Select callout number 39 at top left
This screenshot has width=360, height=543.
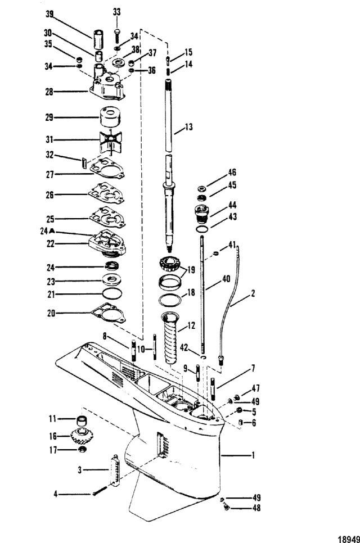49,14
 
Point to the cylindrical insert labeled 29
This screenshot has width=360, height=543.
111,117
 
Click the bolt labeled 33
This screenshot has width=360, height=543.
117,34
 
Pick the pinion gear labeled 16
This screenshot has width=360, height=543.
82,436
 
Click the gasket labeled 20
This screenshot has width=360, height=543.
108,313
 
